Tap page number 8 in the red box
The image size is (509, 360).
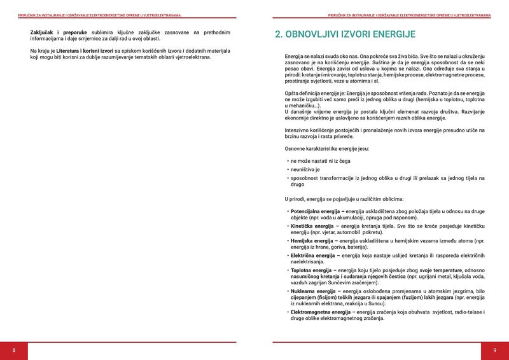14,350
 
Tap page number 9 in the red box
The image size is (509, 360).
494,350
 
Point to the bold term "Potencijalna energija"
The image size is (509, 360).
314,211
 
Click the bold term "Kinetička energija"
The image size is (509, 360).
311,226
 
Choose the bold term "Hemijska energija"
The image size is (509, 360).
310,241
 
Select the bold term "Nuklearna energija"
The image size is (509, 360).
312,291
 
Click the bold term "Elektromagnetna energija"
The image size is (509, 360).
320,312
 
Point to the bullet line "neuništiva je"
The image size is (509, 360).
305,170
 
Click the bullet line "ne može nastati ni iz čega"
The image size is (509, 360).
321,162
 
